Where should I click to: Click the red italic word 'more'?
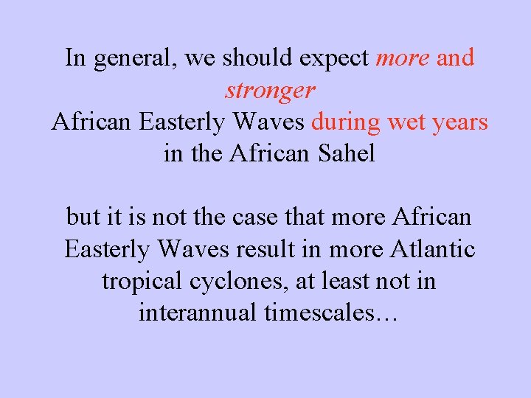pyautogui.click(x=403, y=57)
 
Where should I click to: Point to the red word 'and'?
pyautogui.click(x=455, y=57)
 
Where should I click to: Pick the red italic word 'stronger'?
pyautogui.click(x=270, y=91)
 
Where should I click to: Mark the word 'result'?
pyautogui.click(x=268, y=249)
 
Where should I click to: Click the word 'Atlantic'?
pyautogui.click(x=432, y=249)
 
